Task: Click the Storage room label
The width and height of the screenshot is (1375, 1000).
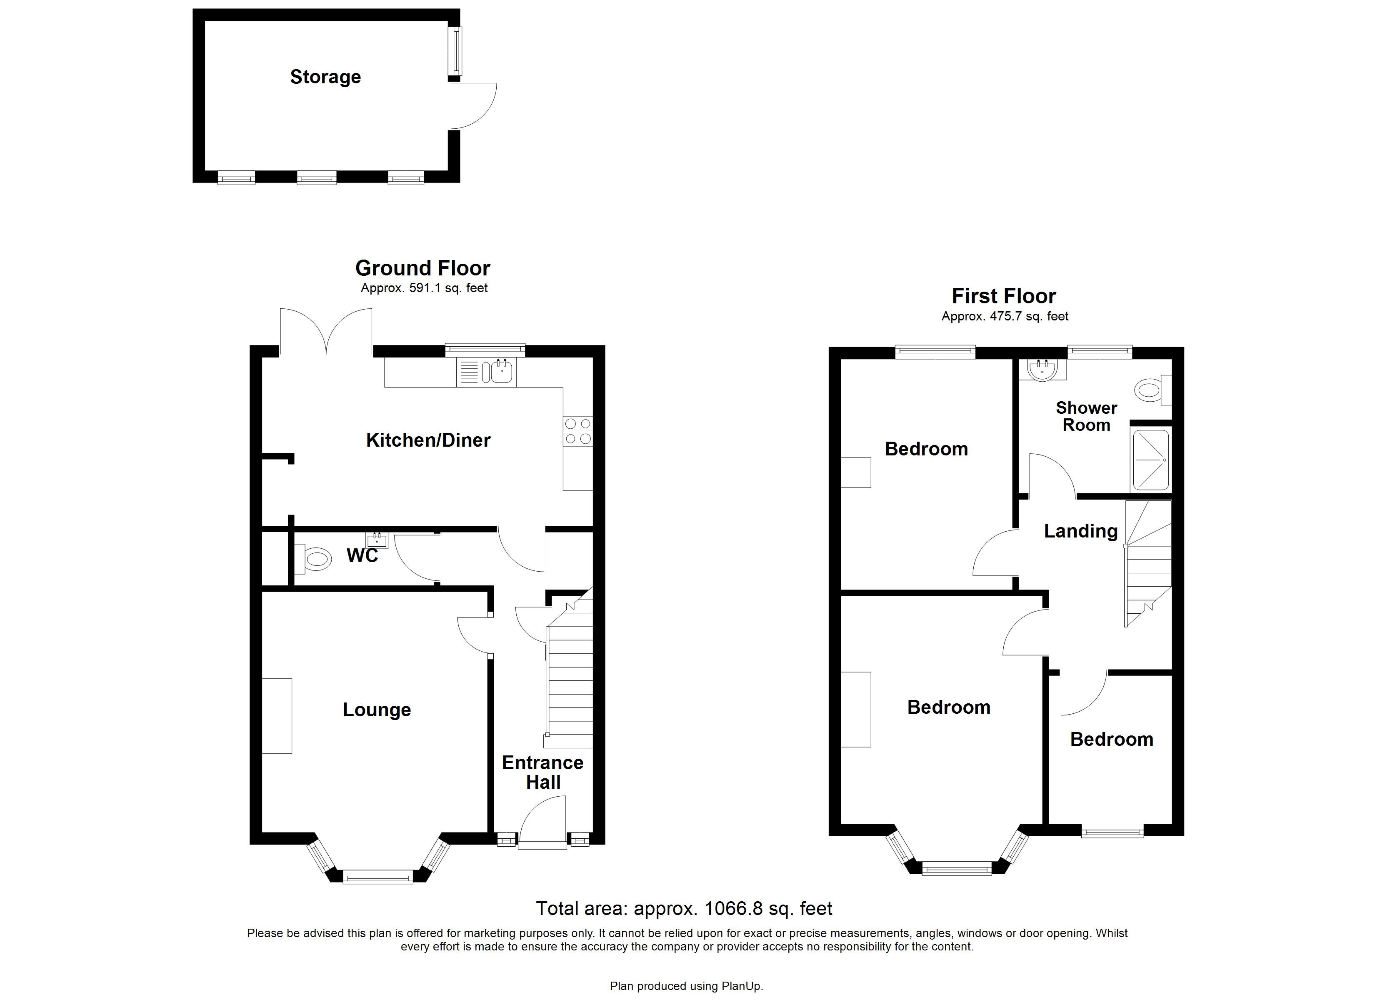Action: click(x=325, y=77)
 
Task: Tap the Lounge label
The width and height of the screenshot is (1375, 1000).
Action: click(x=377, y=710)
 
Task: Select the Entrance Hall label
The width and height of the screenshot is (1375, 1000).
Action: click(x=542, y=772)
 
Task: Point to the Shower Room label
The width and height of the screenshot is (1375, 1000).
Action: click(x=1086, y=416)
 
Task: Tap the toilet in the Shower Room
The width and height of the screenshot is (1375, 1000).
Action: click(x=1154, y=389)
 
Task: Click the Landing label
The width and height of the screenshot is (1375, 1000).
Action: click(x=1080, y=531)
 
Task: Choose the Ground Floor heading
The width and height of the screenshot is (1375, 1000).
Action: click(x=422, y=268)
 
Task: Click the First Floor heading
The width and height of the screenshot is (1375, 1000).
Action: click(x=1003, y=296)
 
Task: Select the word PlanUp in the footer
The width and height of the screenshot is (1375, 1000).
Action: click(x=741, y=986)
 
